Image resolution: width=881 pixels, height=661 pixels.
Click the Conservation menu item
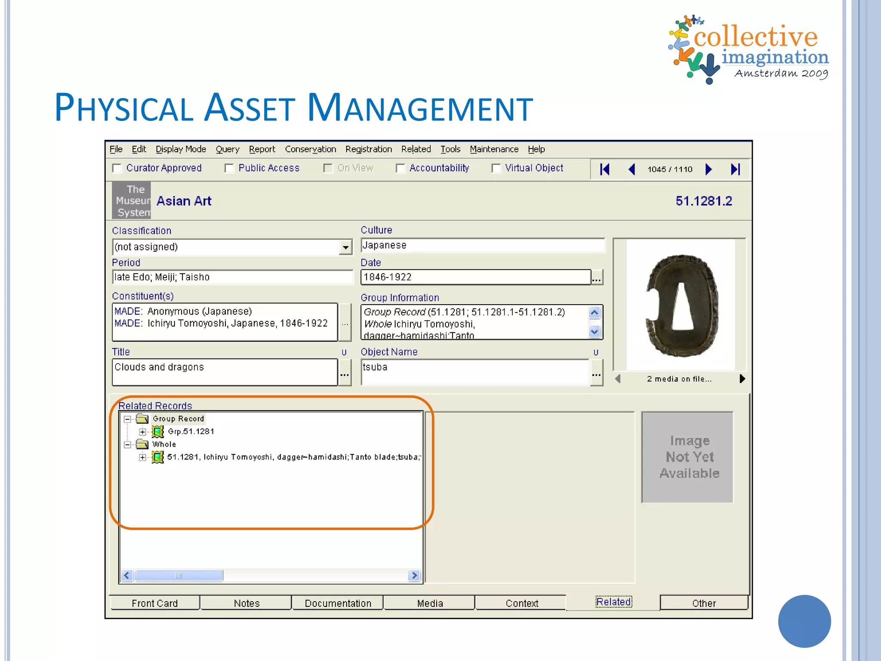tap(310, 149)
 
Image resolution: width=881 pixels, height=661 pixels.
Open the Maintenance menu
tap(494, 149)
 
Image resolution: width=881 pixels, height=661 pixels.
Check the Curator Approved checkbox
tap(117, 168)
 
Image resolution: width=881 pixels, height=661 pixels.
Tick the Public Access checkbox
tap(229, 168)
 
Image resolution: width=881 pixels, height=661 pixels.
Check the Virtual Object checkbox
tap(496, 168)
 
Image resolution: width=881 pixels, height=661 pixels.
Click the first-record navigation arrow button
tap(605, 169)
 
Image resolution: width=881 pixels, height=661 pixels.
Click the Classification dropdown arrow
tap(345, 247)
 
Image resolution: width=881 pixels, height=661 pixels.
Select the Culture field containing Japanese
tap(482, 245)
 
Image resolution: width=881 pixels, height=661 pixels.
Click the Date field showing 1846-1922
tap(475, 277)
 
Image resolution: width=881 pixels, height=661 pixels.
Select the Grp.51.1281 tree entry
tap(191, 432)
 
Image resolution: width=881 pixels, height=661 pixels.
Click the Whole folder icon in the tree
tap(142, 444)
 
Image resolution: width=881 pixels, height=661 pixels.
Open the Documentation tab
tap(338, 603)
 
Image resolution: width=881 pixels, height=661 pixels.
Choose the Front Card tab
tap(154, 603)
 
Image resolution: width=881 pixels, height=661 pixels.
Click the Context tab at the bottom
tap(522, 603)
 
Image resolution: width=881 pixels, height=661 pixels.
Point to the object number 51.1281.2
tap(703, 201)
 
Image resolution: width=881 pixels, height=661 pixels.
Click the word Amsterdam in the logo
tap(766, 74)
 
